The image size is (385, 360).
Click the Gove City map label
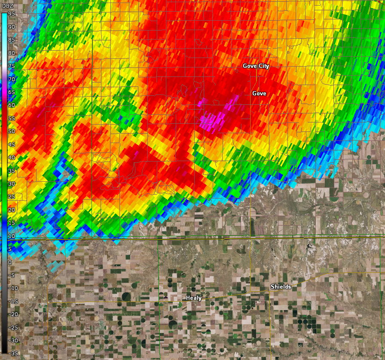(256, 66)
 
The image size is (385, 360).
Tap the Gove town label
(259, 94)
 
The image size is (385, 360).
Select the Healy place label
(194, 298)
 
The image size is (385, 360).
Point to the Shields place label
(281, 287)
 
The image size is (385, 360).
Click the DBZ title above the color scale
(8, 5)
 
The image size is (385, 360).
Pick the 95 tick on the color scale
(12, 14)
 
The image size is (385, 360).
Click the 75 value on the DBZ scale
(12, 66)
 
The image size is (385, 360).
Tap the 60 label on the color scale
(12, 105)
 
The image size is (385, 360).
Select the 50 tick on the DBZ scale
(12, 131)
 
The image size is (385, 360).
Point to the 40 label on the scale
(12, 158)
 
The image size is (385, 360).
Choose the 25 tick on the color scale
(12, 197)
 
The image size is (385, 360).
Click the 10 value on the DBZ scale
(12, 236)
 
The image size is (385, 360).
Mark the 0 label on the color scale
(10, 262)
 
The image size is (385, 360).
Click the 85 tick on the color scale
(12, 40)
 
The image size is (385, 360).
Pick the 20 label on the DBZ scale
(12, 210)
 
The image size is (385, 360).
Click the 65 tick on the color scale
(12, 92)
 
